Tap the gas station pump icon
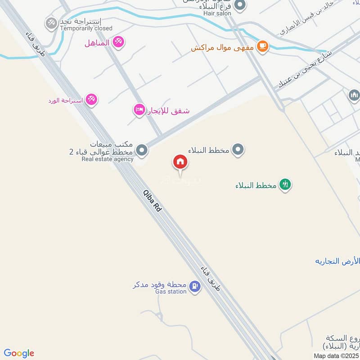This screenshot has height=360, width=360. (x=194, y=286)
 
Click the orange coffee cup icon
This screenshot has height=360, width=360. (x=262, y=45)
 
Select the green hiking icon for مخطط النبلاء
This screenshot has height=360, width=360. (x=284, y=184)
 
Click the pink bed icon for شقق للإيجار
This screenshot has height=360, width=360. (x=139, y=109)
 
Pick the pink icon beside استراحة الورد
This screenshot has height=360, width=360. (x=91, y=99)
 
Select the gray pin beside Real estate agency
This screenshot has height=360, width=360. (x=142, y=150)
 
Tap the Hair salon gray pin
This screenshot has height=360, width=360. (x=240, y=5)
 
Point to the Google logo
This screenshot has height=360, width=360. (x=19, y=353)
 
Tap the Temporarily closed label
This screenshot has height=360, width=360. (x=86, y=28)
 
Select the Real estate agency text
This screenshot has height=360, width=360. (x=108, y=159)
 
